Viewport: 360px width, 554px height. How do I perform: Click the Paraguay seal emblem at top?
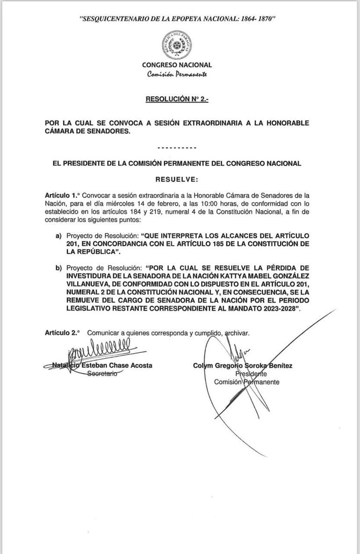click(x=176, y=43)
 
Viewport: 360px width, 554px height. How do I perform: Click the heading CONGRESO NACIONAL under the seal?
click(x=177, y=65)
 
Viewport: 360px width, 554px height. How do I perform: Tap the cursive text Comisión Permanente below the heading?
click(x=177, y=75)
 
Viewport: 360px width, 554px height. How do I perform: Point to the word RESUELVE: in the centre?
click(x=177, y=179)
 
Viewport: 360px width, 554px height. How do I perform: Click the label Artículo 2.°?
click(x=62, y=333)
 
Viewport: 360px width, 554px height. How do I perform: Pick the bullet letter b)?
click(x=59, y=268)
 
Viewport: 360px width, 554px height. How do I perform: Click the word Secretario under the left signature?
click(x=103, y=374)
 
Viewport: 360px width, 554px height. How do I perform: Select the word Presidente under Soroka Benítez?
click(x=251, y=374)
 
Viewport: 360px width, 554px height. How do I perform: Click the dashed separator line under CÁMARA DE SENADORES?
click(x=177, y=148)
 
